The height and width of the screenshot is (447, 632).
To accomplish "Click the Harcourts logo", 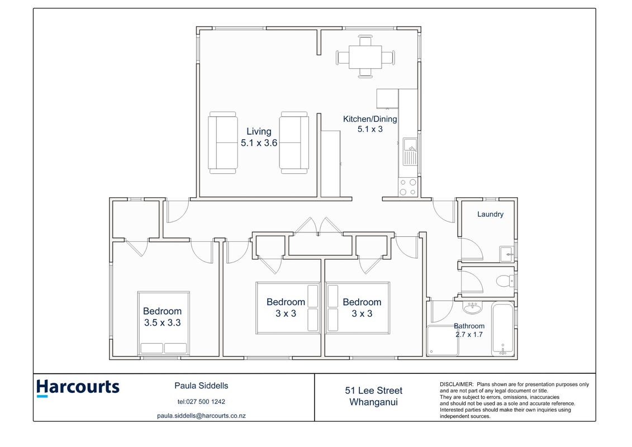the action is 78,388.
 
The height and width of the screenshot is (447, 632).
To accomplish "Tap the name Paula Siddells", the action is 201,386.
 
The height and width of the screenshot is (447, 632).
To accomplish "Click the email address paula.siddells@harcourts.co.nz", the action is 201,416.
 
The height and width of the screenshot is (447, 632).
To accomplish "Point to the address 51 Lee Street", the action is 374,391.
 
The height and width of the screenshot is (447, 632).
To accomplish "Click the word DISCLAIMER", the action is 457,384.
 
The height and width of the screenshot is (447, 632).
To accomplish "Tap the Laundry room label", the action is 490,215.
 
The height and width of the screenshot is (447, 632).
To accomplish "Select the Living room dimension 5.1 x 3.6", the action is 259,142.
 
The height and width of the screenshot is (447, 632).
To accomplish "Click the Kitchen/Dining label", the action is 370,119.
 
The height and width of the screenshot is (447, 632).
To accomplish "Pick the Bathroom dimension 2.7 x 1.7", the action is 469,335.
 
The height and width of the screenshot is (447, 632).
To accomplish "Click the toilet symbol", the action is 505,280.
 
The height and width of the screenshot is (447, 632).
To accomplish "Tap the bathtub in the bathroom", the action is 502,329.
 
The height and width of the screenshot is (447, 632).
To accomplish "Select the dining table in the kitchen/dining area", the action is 365,57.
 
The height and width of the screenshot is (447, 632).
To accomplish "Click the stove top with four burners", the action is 407,187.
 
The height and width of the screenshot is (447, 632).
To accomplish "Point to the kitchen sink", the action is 410,151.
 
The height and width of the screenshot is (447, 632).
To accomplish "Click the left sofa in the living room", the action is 222,142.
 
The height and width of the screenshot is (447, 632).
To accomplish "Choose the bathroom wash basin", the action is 472,308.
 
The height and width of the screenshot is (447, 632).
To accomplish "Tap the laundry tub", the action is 507,254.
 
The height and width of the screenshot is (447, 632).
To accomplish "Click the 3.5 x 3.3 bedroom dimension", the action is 163,323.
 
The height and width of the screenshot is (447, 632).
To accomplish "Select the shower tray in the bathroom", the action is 443,341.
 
